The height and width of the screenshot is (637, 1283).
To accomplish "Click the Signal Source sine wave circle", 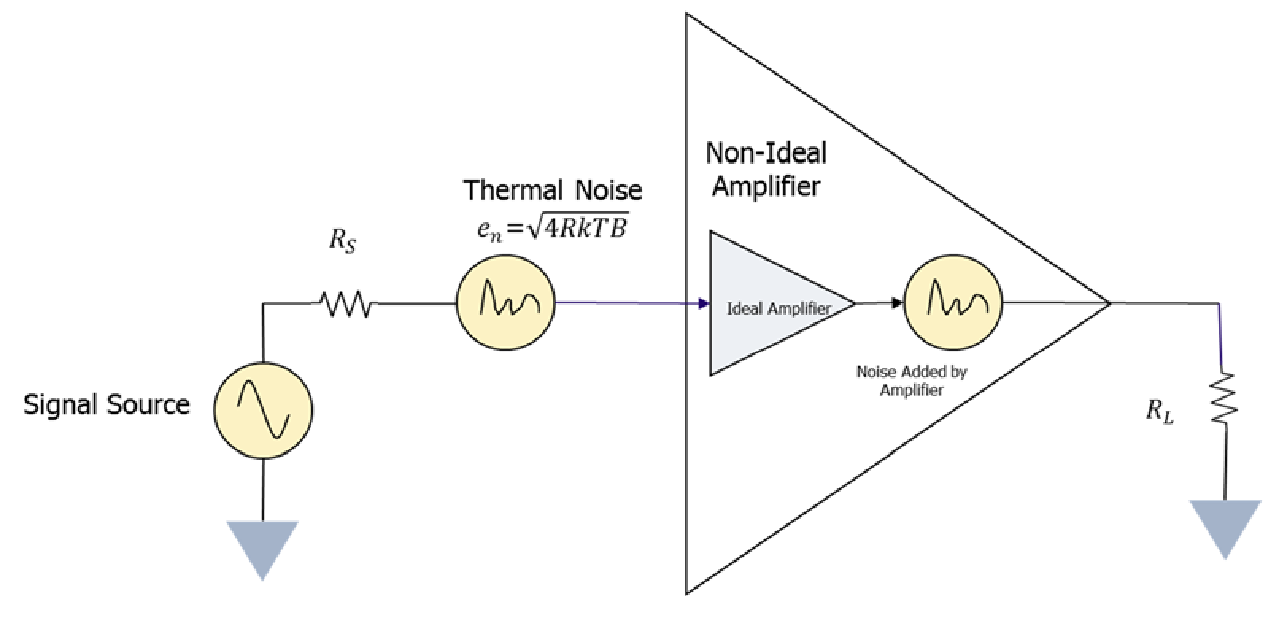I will (263, 410).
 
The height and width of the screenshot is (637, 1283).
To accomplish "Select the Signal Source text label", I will (106, 405).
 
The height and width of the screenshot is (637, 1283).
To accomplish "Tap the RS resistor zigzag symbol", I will (345, 303).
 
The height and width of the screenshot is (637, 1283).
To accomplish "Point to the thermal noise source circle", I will (505, 302).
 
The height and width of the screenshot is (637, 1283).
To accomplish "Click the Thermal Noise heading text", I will (553, 191).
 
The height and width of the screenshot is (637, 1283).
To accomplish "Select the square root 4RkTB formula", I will (553, 229).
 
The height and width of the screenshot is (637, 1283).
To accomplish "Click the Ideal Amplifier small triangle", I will (763, 304).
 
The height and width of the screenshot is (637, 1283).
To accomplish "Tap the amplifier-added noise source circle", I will (953, 302).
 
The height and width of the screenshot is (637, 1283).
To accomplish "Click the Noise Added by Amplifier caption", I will (911, 380).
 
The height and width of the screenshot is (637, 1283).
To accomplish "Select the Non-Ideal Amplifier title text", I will (766, 169).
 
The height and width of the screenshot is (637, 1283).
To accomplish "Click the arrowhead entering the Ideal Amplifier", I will (704, 303).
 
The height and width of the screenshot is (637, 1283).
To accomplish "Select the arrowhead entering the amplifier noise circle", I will (898, 303).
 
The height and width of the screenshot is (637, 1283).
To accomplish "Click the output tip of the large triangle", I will (1108, 303).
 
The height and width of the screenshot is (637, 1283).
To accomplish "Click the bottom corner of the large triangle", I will (688, 591).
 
